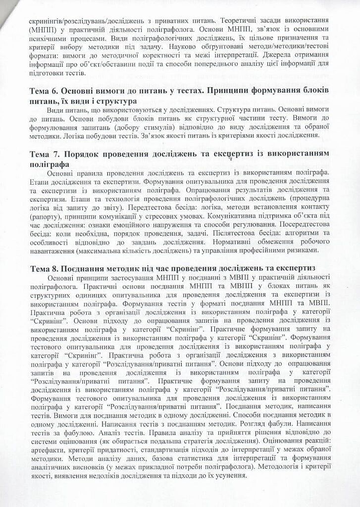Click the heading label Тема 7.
click(x=45, y=154)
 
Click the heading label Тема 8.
click(x=45, y=268)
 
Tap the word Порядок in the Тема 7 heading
click(x=88, y=154)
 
